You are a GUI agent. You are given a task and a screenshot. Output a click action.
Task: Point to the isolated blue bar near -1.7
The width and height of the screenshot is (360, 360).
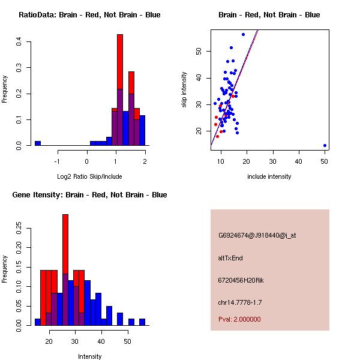37,143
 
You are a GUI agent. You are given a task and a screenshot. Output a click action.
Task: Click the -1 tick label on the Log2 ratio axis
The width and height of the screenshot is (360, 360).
58,161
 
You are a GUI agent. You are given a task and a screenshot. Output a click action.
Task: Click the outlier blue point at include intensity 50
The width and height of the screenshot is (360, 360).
325,145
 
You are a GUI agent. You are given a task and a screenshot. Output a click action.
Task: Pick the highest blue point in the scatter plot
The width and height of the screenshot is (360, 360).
243,34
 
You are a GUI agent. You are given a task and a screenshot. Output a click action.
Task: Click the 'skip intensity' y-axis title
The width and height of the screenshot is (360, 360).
184,90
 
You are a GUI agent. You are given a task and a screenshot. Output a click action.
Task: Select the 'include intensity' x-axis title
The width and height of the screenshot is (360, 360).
269,176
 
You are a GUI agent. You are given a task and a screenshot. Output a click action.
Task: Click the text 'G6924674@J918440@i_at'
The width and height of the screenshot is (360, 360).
257,235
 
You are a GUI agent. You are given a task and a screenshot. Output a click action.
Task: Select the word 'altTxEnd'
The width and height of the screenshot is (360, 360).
230,258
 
